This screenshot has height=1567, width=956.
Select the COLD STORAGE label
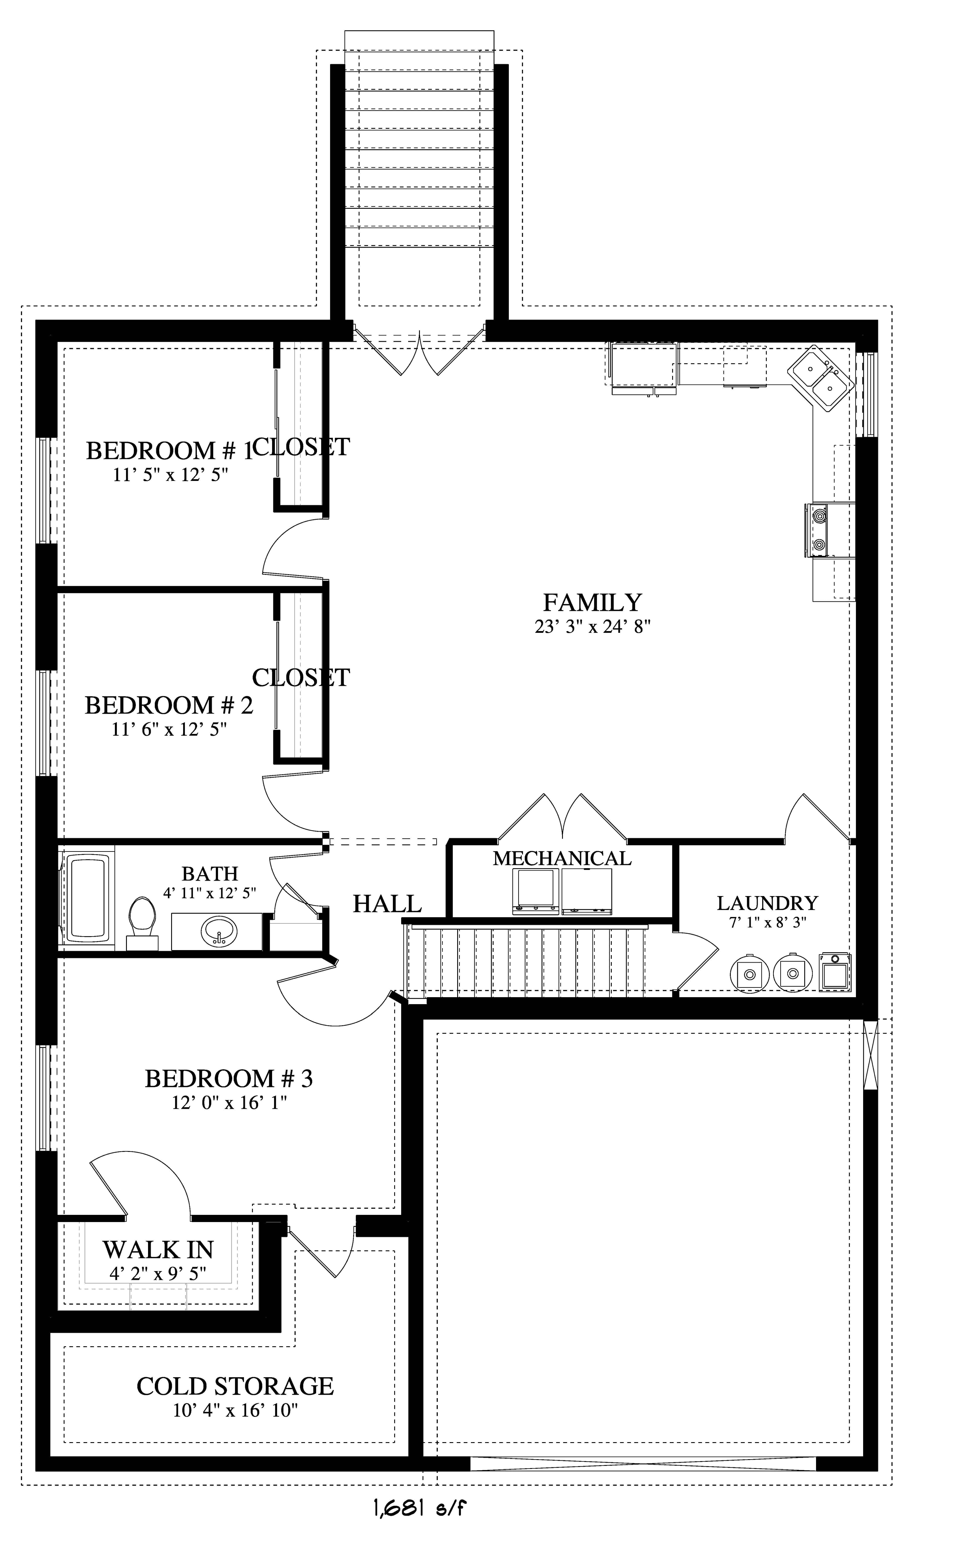[x=235, y=1386]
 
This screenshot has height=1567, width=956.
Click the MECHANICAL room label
[x=562, y=858]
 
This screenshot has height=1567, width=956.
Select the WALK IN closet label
[x=158, y=1250]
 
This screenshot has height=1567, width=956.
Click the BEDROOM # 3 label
[x=228, y=1079]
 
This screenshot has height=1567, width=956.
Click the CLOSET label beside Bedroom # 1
[x=301, y=447]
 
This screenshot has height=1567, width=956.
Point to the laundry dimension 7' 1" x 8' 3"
[x=767, y=922]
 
